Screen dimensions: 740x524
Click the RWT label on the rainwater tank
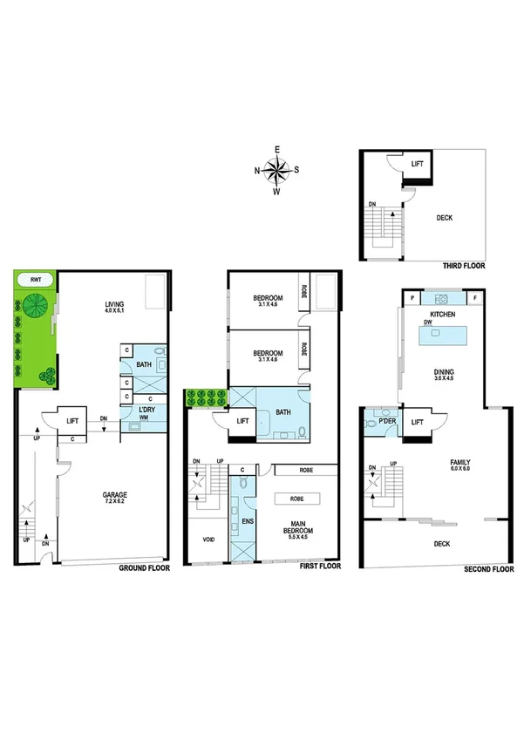[x=35, y=281]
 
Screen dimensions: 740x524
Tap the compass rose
[x=276, y=170]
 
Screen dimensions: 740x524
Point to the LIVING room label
[x=110, y=305]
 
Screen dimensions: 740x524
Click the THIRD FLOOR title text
[x=463, y=265]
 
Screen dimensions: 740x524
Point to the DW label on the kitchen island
[x=429, y=322]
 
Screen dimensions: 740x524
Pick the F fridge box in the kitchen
[x=475, y=298]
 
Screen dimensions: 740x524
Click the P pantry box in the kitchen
[x=410, y=298]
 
